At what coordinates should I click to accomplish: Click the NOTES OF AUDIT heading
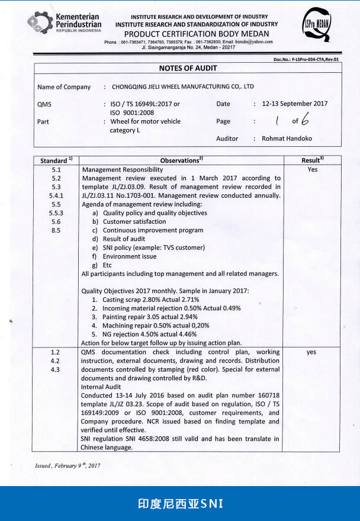click(x=188, y=68)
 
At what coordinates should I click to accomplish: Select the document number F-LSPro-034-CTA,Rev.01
click(x=306, y=59)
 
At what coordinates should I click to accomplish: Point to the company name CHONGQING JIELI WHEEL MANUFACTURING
click(x=182, y=86)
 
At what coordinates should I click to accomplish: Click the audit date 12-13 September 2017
click(x=294, y=104)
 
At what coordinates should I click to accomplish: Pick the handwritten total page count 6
click(x=304, y=120)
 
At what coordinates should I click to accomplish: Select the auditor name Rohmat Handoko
click(x=287, y=139)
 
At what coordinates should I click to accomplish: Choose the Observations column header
click(x=181, y=160)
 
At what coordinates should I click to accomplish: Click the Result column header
click(x=311, y=160)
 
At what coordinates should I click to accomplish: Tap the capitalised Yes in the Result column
click(x=313, y=169)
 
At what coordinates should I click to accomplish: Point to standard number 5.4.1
click(x=56, y=195)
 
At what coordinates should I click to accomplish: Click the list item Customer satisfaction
click(x=134, y=221)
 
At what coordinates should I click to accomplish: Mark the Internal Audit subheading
click(x=101, y=386)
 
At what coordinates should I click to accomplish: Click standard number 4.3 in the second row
click(x=55, y=369)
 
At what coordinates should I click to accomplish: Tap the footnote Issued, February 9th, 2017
click(x=67, y=466)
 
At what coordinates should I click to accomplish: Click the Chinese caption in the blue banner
click(x=179, y=504)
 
